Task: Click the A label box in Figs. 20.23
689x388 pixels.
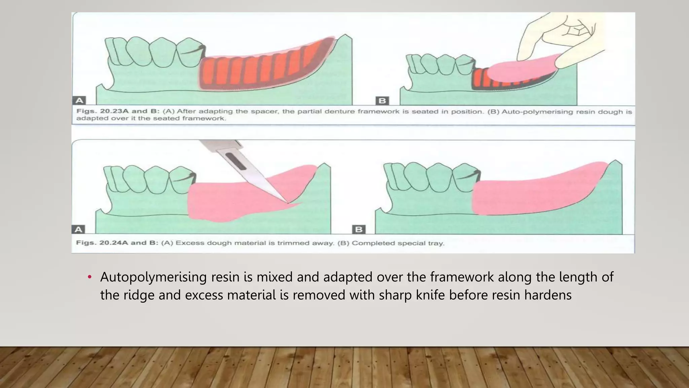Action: tap(79, 100)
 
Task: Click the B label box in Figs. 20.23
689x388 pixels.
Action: tap(382, 101)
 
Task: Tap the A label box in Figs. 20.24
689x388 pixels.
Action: tap(78, 230)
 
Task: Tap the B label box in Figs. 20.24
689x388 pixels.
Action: tap(359, 230)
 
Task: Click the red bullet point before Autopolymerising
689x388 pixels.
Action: tap(89, 277)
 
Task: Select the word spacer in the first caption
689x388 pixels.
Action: tap(266, 111)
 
